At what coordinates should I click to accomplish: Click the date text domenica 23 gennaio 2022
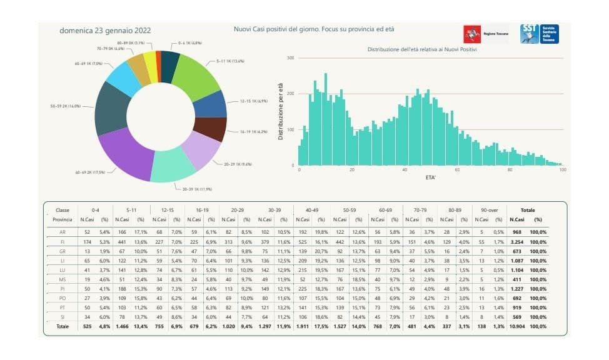tap(104, 30)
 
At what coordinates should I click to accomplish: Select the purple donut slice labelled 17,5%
tap(125, 152)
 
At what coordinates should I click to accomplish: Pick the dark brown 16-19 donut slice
tap(209, 128)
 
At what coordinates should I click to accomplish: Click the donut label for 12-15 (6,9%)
tap(253, 101)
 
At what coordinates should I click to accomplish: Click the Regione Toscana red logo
tap(472, 35)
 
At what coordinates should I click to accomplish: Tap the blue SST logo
tap(530, 34)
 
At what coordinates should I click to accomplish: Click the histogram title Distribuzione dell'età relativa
tap(422, 49)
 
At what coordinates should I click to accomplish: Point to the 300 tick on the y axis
tap(289, 58)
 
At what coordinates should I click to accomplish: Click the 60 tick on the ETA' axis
tap(458, 171)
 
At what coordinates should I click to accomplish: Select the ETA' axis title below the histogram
tap(431, 177)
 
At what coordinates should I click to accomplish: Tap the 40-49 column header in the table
tap(308, 211)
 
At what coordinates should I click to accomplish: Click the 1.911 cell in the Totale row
tap(303, 327)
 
